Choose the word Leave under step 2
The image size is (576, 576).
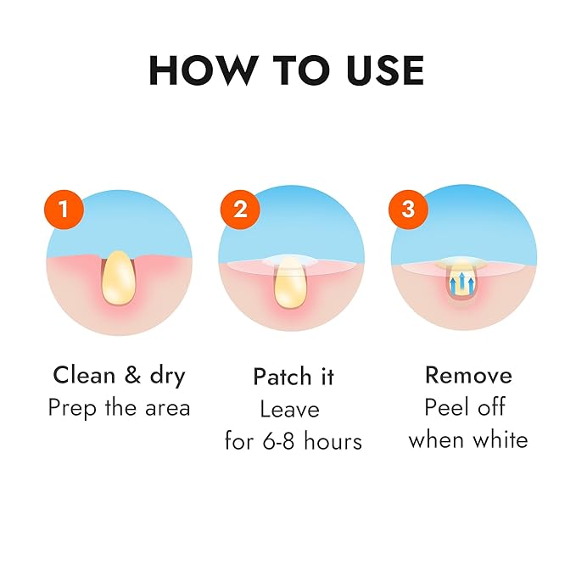point(289,409)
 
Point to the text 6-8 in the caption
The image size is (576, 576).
point(288,441)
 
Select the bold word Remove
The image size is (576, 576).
point(468,375)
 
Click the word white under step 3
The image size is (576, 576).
point(502,439)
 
